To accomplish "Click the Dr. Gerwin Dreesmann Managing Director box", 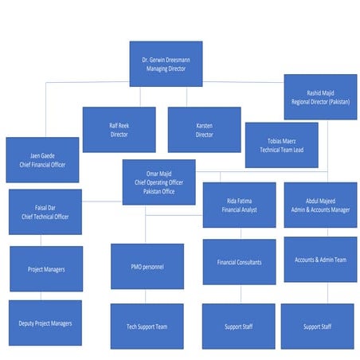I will (x=166, y=64).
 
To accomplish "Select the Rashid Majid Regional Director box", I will (x=320, y=97).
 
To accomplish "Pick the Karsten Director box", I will (x=204, y=130).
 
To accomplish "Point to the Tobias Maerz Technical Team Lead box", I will (x=281, y=145).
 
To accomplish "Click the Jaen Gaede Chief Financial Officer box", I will (x=42, y=160).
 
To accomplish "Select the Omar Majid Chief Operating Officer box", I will (x=158, y=182).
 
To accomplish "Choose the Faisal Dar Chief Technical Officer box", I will (x=45, y=211).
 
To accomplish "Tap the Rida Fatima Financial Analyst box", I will (x=239, y=205).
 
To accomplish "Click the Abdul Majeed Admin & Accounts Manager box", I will (x=320, y=205).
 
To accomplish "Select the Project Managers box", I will (x=45, y=269).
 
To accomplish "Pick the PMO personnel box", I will (x=147, y=266).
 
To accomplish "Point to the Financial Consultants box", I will (x=239, y=262).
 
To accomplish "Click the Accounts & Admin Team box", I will (x=320, y=260).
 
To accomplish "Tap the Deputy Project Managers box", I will (x=45, y=323).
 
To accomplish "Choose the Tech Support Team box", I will (x=147, y=326).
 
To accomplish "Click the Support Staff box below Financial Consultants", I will (x=239, y=326).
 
